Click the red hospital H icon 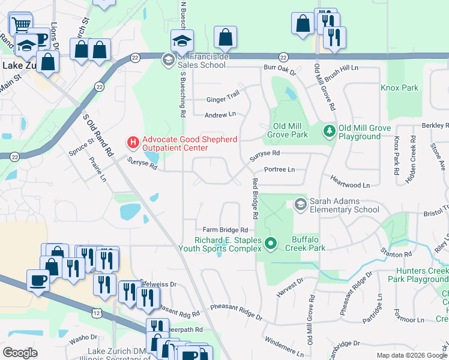click(132, 143)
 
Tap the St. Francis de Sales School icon click(168, 58)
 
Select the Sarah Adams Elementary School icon click(300, 205)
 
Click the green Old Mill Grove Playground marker click(329, 130)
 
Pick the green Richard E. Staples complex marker click(271, 243)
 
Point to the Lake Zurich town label click(20, 65)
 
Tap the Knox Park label click(399, 88)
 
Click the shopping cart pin click(20, 25)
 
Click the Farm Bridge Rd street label click(225, 230)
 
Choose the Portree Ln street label click(279, 170)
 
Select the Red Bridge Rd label click(255, 198)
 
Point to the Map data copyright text click(412, 355)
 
